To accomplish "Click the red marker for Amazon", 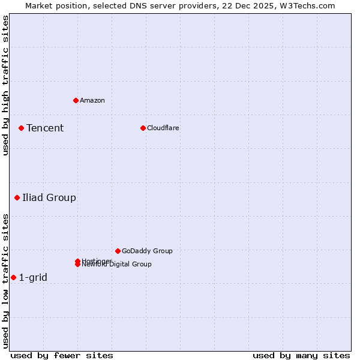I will pos(76,100).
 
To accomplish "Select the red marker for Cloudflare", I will pos(143,128).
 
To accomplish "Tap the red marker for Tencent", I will pos(21,128).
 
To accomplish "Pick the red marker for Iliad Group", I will pos(17,197).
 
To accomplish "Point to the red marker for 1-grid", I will pos(13,277).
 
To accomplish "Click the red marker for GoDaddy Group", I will pos(118,251).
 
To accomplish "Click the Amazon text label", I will pos(92,100).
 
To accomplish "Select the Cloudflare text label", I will pos(163,128).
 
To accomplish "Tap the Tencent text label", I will pos(45,128).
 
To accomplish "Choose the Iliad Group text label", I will pos(49,197).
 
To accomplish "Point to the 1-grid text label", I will pos(33,277).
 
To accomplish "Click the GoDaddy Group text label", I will pos(147,251).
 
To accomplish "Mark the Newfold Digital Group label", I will pos(117,265).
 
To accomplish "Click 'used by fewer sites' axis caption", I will pos(62,355).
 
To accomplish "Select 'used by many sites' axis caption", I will pos(301,355).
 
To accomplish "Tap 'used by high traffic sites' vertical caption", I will pos(5,85).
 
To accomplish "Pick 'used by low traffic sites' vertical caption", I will pos(5,281).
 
